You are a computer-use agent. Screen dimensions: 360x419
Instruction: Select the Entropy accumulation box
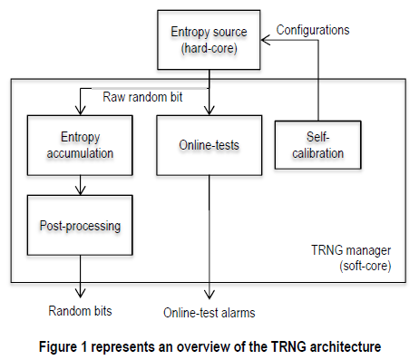[x=81, y=145]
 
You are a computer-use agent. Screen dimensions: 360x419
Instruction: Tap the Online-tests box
[x=209, y=145]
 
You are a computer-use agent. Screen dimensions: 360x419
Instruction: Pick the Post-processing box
[x=81, y=224]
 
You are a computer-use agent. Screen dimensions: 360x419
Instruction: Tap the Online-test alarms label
[x=209, y=313]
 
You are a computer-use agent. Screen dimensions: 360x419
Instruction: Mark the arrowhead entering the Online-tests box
[x=209, y=112]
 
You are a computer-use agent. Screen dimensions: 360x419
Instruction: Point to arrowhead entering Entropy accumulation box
[x=81, y=112]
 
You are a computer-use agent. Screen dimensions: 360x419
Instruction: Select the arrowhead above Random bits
[x=81, y=296]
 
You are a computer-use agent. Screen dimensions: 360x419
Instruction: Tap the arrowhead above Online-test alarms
[x=209, y=296]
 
